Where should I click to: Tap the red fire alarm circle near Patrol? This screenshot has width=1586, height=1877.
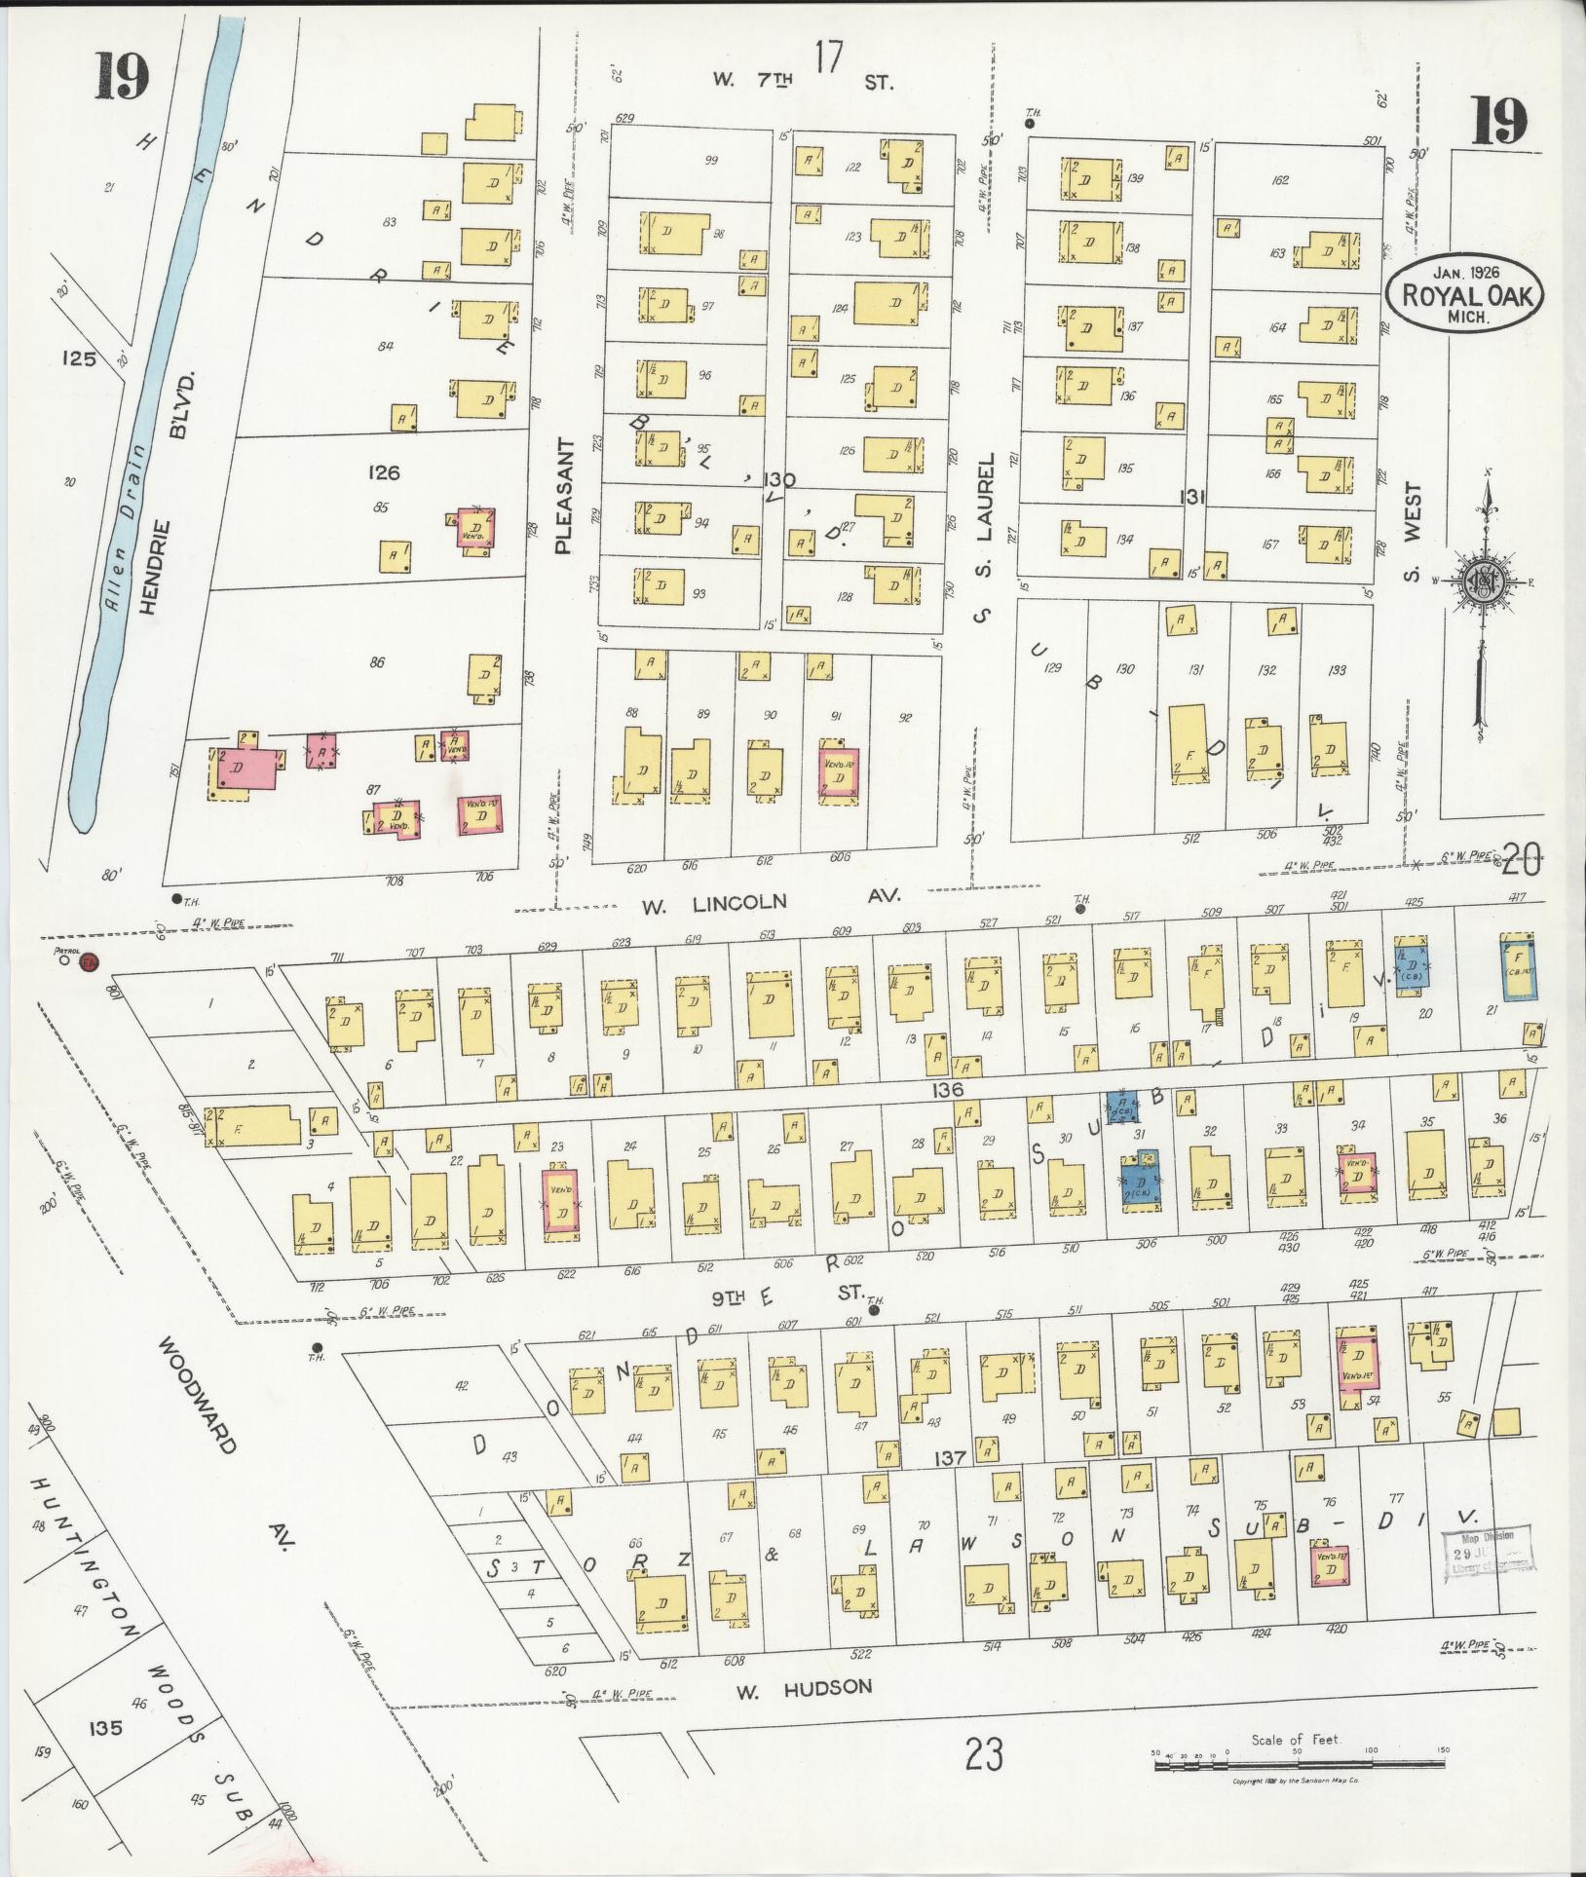(x=90, y=963)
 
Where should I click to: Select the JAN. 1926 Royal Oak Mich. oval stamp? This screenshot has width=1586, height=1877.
(x=1465, y=289)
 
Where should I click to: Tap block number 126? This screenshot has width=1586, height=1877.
(x=384, y=472)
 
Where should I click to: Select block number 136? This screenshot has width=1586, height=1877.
(x=946, y=1090)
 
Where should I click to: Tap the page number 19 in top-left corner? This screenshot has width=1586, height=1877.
(x=122, y=78)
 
